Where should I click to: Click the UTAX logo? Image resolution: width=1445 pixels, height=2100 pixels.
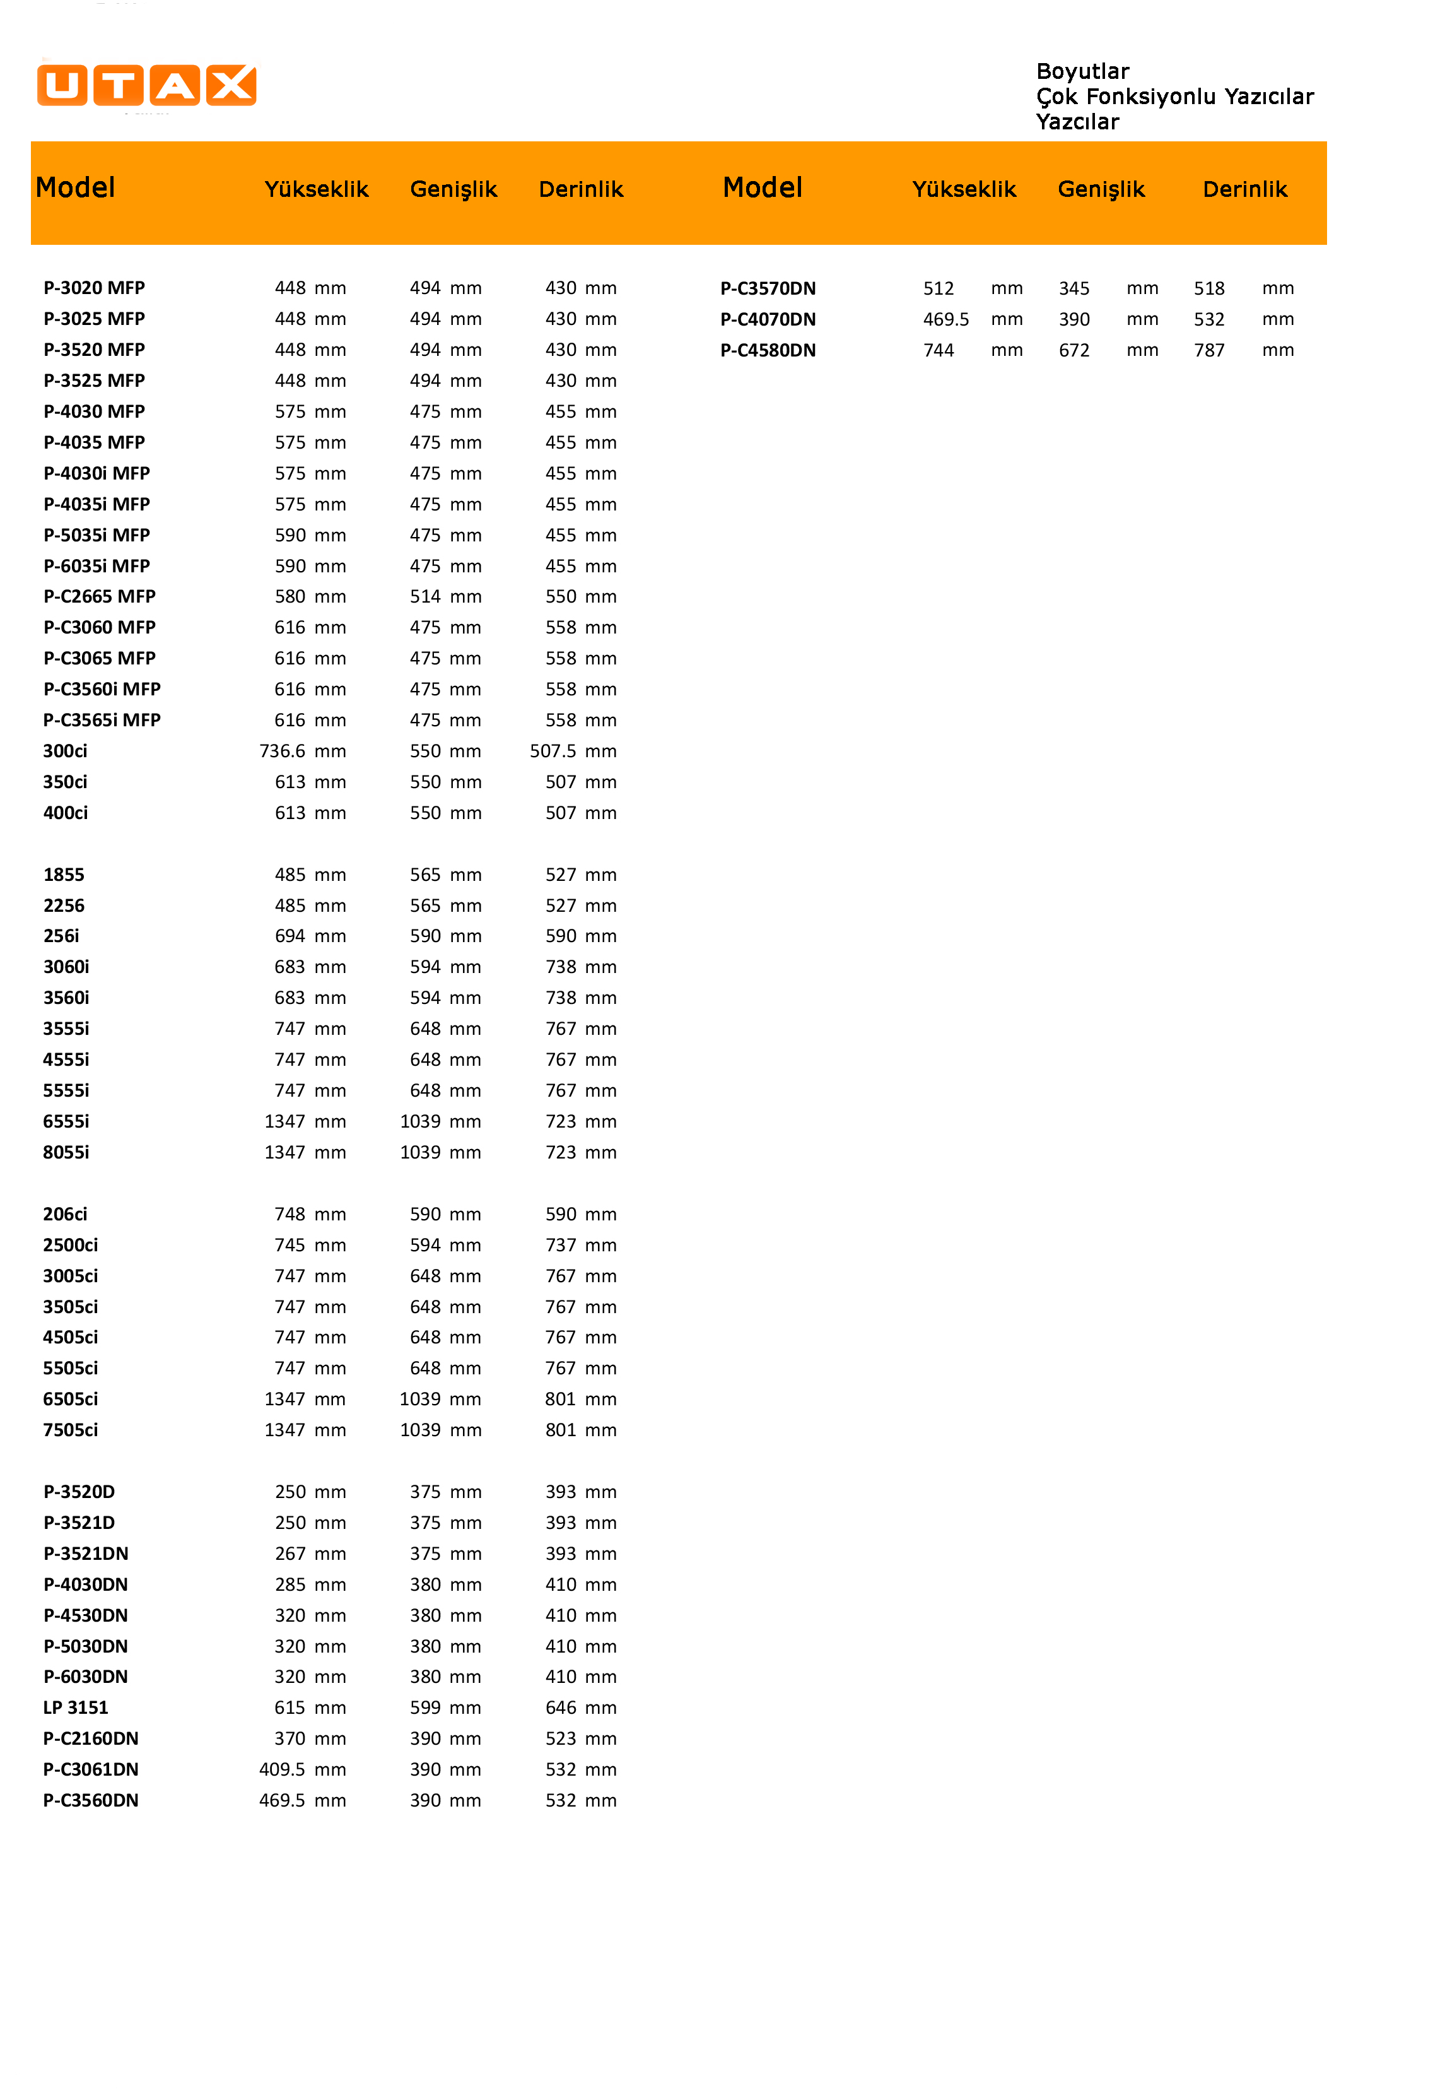[x=147, y=86]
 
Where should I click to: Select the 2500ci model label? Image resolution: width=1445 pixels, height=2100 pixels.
[x=71, y=1244]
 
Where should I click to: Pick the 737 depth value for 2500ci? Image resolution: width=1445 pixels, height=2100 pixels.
[x=561, y=1244]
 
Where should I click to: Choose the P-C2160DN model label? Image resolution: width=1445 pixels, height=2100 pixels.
[x=91, y=1738]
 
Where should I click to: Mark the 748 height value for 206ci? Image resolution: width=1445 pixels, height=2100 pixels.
[x=290, y=1213]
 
